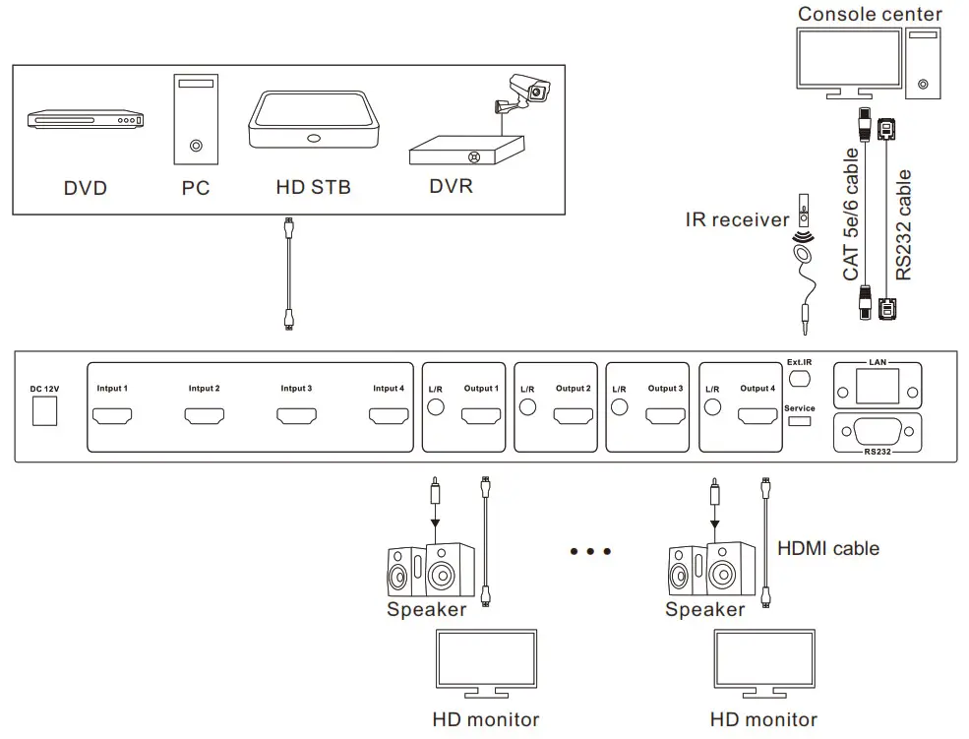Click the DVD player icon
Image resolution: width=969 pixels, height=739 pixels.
85,120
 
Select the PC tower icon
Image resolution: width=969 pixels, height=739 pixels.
196,119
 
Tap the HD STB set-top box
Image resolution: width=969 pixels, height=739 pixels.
312,121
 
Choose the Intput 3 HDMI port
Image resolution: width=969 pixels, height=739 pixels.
296,416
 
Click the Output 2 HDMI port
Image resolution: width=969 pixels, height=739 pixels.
573,416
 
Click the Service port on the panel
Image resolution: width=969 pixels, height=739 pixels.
799,422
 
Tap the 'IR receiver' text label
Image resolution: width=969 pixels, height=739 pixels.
737,219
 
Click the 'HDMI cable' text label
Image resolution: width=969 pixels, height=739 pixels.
828,548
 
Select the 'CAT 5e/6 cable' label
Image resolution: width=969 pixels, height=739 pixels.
852,215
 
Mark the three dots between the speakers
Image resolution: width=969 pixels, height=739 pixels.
590,551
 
